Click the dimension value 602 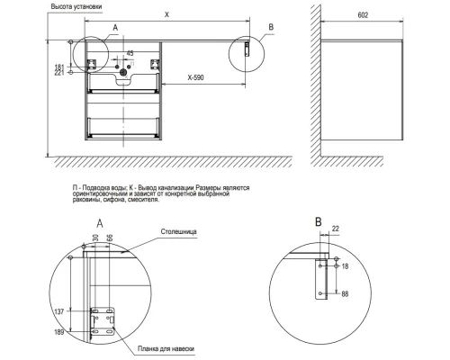click(363, 15)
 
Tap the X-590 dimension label click(195, 77)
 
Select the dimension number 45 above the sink click(130, 53)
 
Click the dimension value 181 click(59, 67)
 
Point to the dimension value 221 click(59, 73)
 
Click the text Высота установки click(76, 6)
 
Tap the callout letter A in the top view click(115, 28)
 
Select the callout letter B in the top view click(271, 27)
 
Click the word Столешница click(179, 231)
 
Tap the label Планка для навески click(166, 348)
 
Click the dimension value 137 click(59, 311)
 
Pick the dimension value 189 click(59, 332)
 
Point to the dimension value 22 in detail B click(336, 229)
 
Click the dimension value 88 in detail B click(345, 294)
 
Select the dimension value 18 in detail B click(345, 266)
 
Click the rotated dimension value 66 click(110, 238)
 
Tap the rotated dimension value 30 click(95, 238)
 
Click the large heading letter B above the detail click(319, 222)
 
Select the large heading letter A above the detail click(100, 223)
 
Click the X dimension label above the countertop click(167, 14)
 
